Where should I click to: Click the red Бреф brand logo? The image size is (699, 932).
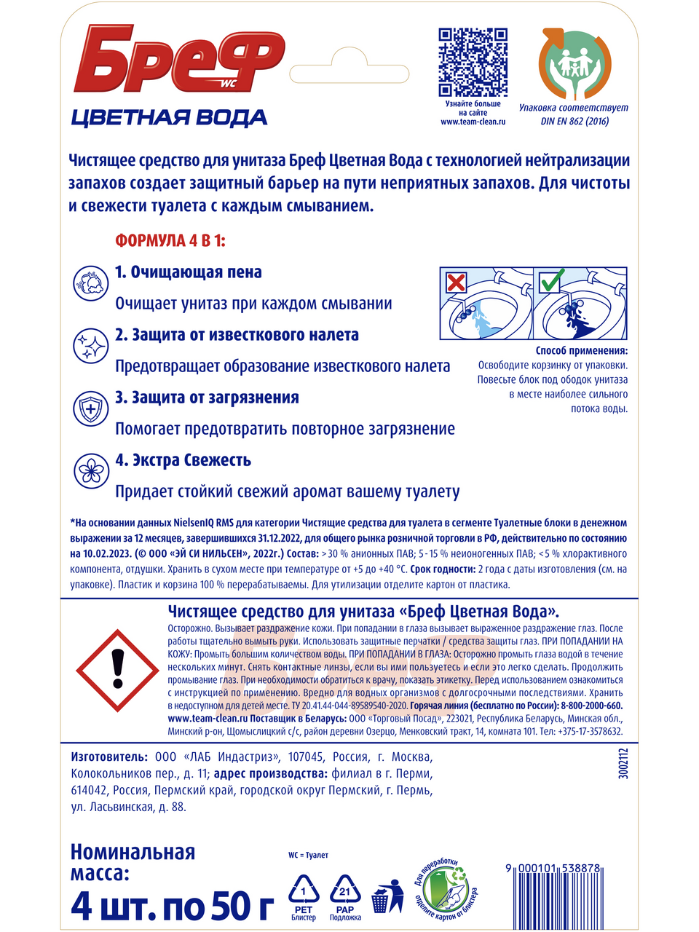click(x=178, y=60)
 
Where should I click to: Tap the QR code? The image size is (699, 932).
click(x=473, y=62)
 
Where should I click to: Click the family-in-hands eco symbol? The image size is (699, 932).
click(x=574, y=64)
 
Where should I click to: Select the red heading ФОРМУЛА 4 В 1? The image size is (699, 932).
click(x=170, y=240)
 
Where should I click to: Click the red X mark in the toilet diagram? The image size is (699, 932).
click(x=456, y=282)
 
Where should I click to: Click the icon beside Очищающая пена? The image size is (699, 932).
click(x=91, y=283)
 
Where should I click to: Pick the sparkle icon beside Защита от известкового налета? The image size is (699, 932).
click(x=91, y=345)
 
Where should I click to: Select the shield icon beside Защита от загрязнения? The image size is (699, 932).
click(x=91, y=408)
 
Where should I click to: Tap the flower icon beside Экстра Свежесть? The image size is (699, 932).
click(x=91, y=470)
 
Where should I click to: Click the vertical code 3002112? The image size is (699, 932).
click(x=623, y=764)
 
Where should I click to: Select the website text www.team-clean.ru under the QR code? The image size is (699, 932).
click(x=473, y=122)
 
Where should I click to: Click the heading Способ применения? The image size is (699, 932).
click(x=581, y=351)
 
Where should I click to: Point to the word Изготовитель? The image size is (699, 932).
click(x=109, y=757)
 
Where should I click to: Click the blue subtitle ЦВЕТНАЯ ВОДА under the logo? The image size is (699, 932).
click(x=169, y=117)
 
